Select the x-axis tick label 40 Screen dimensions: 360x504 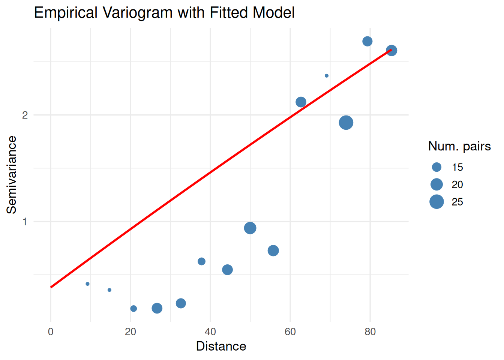[210, 332]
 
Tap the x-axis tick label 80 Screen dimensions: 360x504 [370, 332]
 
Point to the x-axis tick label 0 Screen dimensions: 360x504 [51, 332]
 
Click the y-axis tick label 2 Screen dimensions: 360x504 [25, 115]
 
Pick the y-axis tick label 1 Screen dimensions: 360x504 [25, 222]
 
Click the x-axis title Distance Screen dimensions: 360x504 [221, 346]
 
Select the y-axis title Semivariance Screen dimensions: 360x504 [12, 175]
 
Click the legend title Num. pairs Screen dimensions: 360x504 [459, 146]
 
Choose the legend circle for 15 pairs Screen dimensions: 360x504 [436, 167]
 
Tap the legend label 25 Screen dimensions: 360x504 [457, 202]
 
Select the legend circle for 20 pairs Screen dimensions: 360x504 [436, 184]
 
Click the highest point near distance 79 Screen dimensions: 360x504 [367, 41]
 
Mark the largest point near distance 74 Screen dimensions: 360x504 [346, 123]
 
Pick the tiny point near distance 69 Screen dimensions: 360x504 [327, 76]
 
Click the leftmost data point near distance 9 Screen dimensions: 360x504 [88, 284]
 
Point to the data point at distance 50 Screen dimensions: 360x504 [250, 228]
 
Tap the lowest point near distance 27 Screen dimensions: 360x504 [157, 308]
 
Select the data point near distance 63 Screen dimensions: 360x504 [301, 102]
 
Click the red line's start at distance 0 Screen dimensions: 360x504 [51, 287]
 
